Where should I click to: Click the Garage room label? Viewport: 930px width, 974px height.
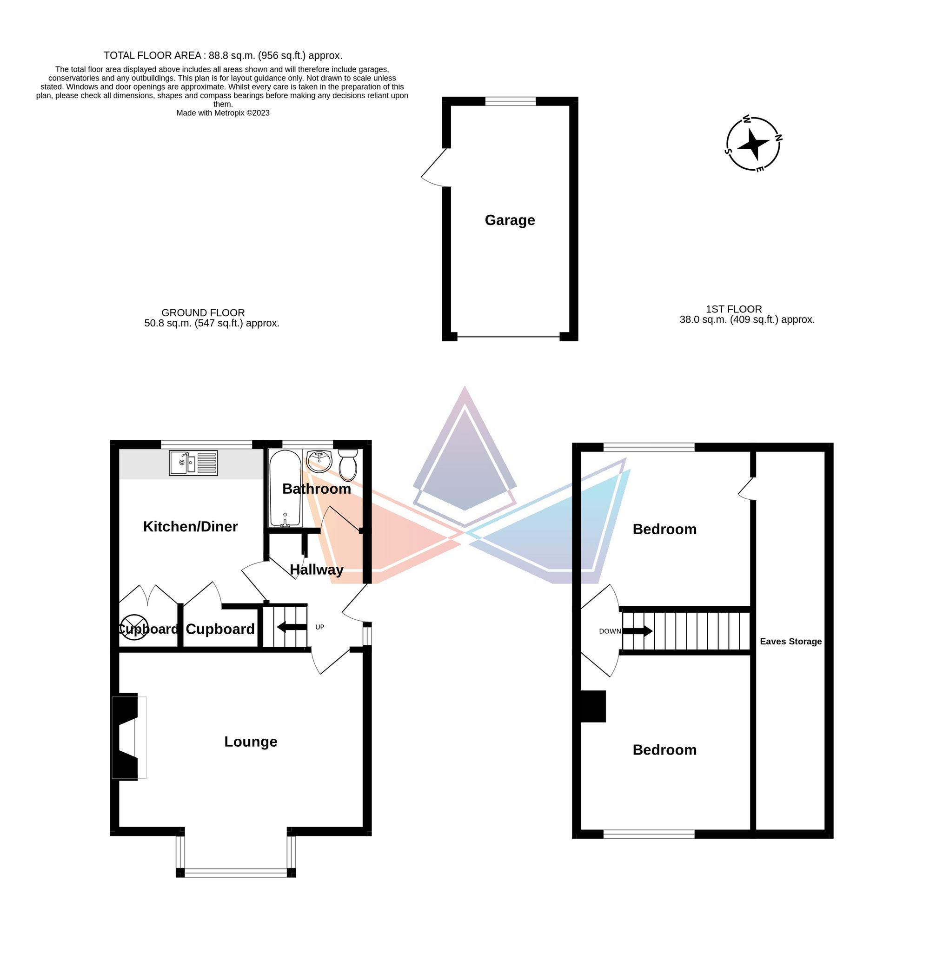pos(510,220)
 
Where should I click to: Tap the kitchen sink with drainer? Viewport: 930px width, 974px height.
pos(193,463)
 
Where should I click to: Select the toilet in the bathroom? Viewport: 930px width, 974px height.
pos(348,464)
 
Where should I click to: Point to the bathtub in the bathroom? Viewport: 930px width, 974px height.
pos(285,488)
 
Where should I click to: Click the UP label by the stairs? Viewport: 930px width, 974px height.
pos(320,627)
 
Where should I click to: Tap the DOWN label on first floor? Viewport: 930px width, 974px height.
pos(610,631)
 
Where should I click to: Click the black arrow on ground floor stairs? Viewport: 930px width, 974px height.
pos(292,627)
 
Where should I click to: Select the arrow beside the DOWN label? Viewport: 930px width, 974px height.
pos(638,631)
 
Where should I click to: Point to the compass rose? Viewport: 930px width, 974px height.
pos(753,144)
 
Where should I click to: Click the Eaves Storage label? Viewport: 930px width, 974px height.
pos(790,642)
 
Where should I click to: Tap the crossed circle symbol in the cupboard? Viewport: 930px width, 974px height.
pos(134,627)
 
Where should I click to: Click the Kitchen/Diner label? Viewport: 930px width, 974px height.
pos(190,526)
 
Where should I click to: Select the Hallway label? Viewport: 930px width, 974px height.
pos(316,570)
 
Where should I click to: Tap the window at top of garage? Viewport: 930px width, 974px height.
pos(510,101)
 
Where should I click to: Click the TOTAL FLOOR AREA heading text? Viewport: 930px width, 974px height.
pos(223,55)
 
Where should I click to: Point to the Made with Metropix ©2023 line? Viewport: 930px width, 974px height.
pos(223,113)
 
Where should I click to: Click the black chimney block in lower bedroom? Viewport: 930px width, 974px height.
pos(593,706)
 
